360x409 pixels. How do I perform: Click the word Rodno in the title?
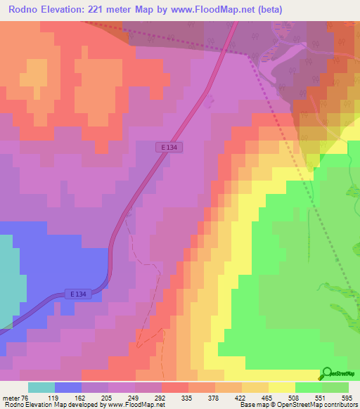pyautogui.click(x=22, y=9)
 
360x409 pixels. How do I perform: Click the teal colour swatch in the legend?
pyautogui.click(x=41, y=387)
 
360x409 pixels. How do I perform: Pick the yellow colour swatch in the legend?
pyautogui.click(x=281, y=387)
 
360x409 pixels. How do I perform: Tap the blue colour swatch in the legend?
pyautogui.click(x=68, y=387)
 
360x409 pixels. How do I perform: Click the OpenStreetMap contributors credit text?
pyautogui.click(x=323, y=405)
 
